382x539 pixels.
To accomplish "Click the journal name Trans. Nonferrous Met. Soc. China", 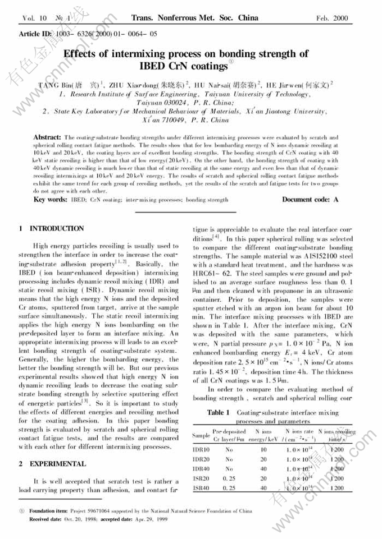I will point(194,18).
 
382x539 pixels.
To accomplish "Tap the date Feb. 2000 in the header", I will point(332,19).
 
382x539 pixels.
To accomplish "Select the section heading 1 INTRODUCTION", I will point(51,229).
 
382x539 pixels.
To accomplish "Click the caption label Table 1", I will point(219,413).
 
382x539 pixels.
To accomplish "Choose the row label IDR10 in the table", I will point(201,450).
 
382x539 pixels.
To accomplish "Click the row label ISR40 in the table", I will point(201,488).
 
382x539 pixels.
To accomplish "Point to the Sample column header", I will point(201,435).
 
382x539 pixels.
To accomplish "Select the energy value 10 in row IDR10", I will point(263,450).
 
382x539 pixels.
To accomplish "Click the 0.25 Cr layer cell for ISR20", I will point(229,478).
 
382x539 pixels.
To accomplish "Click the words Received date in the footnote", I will point(46,520).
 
